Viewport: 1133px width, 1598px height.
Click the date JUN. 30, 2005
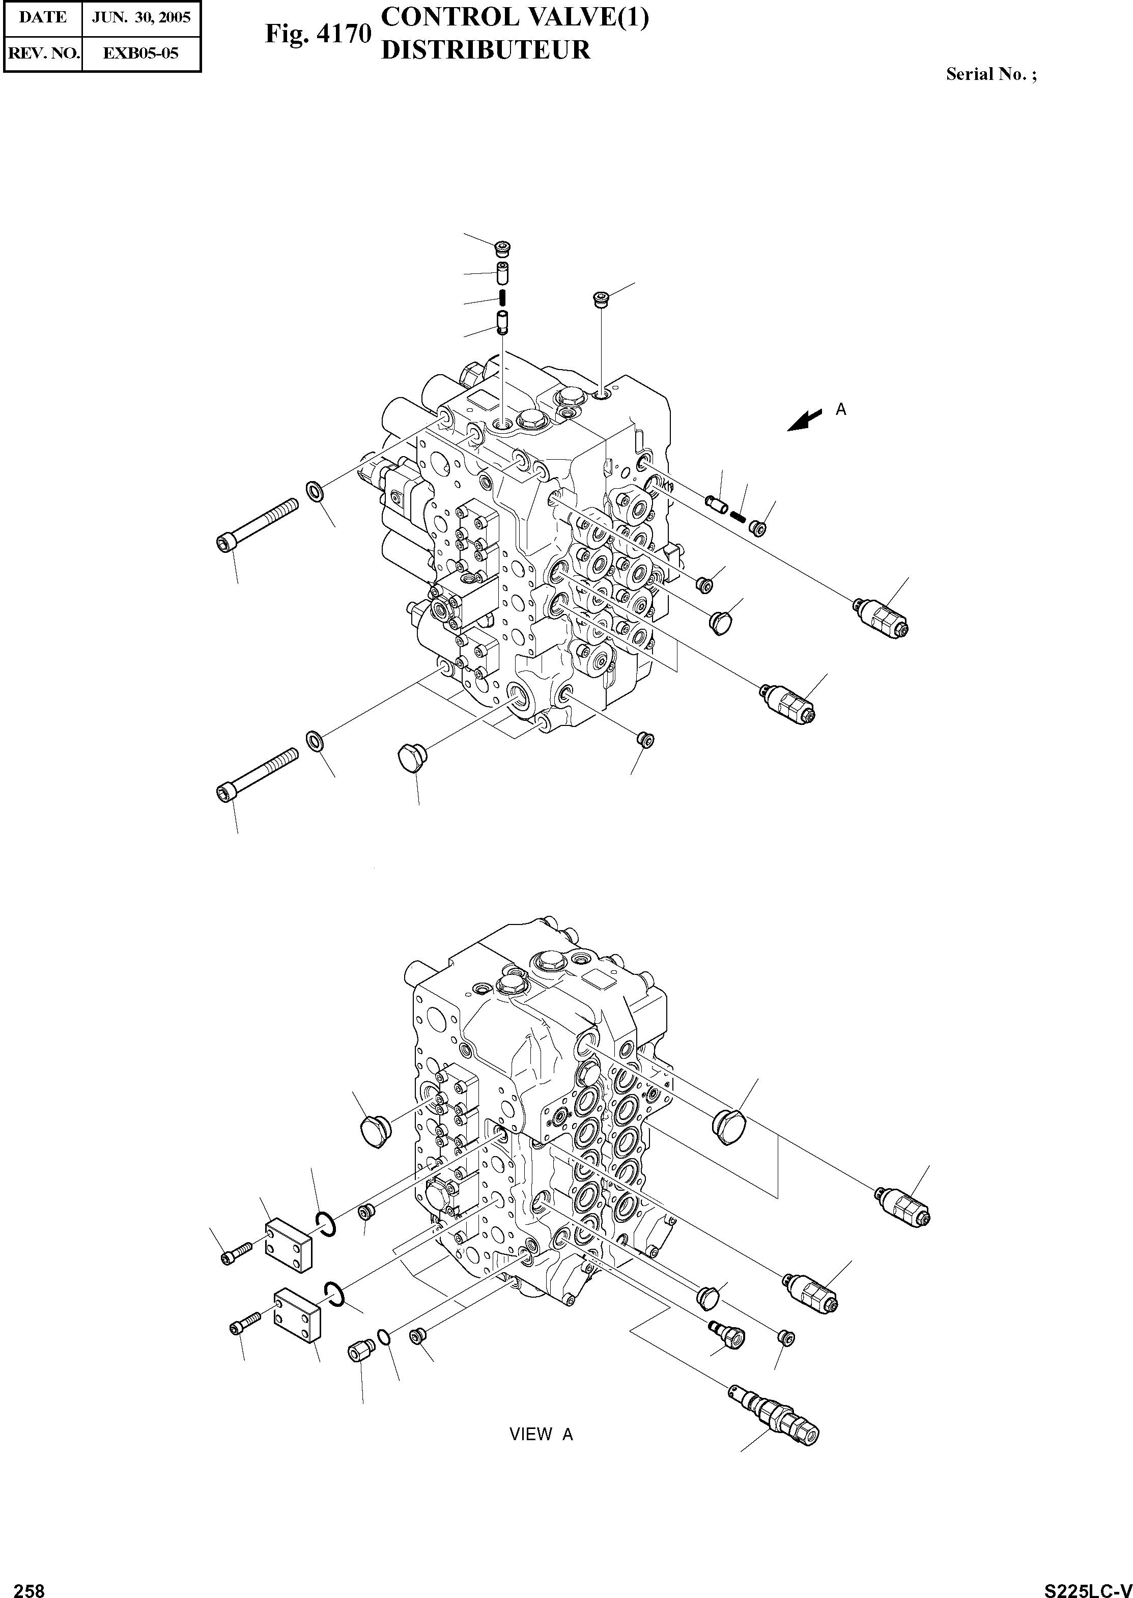tap(141, 17)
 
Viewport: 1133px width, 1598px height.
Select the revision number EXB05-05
tap(141, 53)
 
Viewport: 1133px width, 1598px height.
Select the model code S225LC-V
tap(1086, 1585)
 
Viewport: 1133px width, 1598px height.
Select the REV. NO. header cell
tap(43, 53)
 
